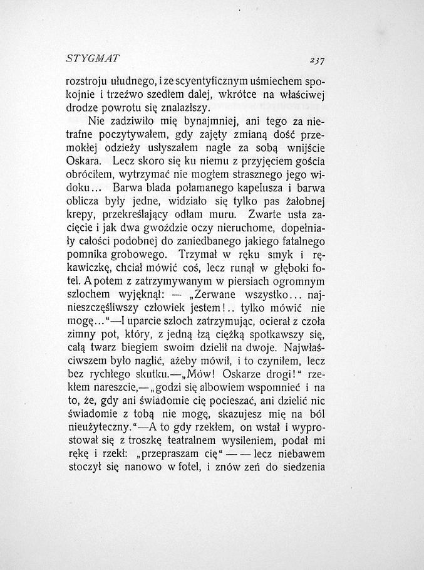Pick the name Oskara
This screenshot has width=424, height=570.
[x=85, y=161]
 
